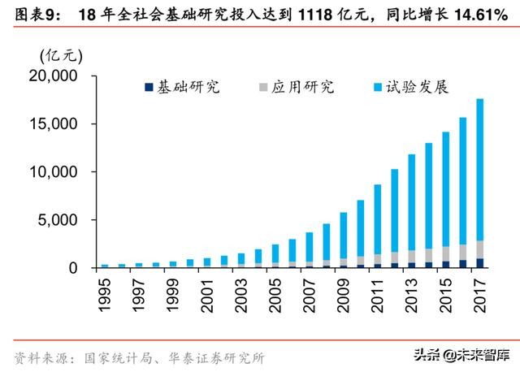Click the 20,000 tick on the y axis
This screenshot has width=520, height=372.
click(54, 76)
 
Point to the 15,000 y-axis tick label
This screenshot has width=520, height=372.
click(54, 124)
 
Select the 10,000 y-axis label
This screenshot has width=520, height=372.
click(54, 172)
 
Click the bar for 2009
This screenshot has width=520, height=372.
click(343, 236)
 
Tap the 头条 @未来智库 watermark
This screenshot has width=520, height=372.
click(463, 353)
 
